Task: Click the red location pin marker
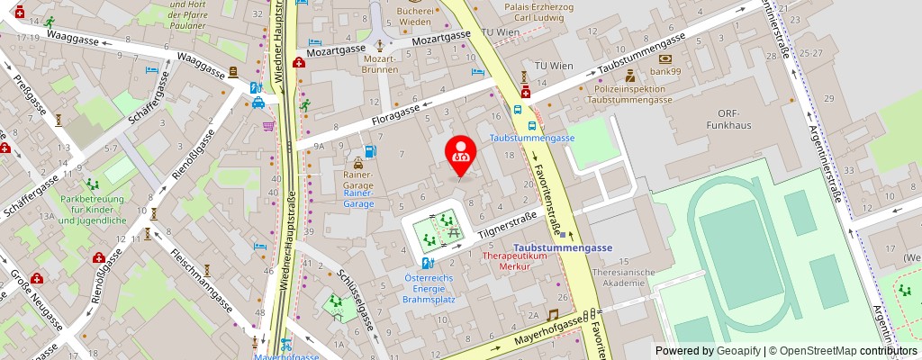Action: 461,155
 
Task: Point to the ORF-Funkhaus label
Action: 716,119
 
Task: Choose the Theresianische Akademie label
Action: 626,278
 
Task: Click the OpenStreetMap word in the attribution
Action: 818,351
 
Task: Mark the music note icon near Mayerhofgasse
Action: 553,315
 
